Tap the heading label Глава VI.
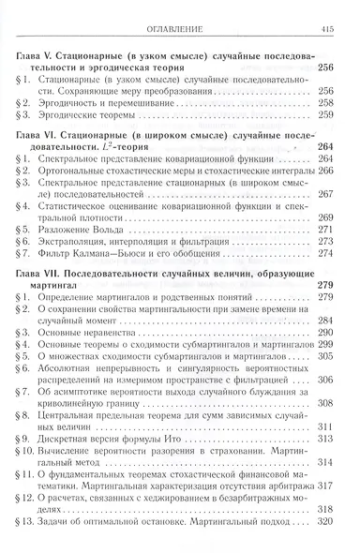pos(37,137)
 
